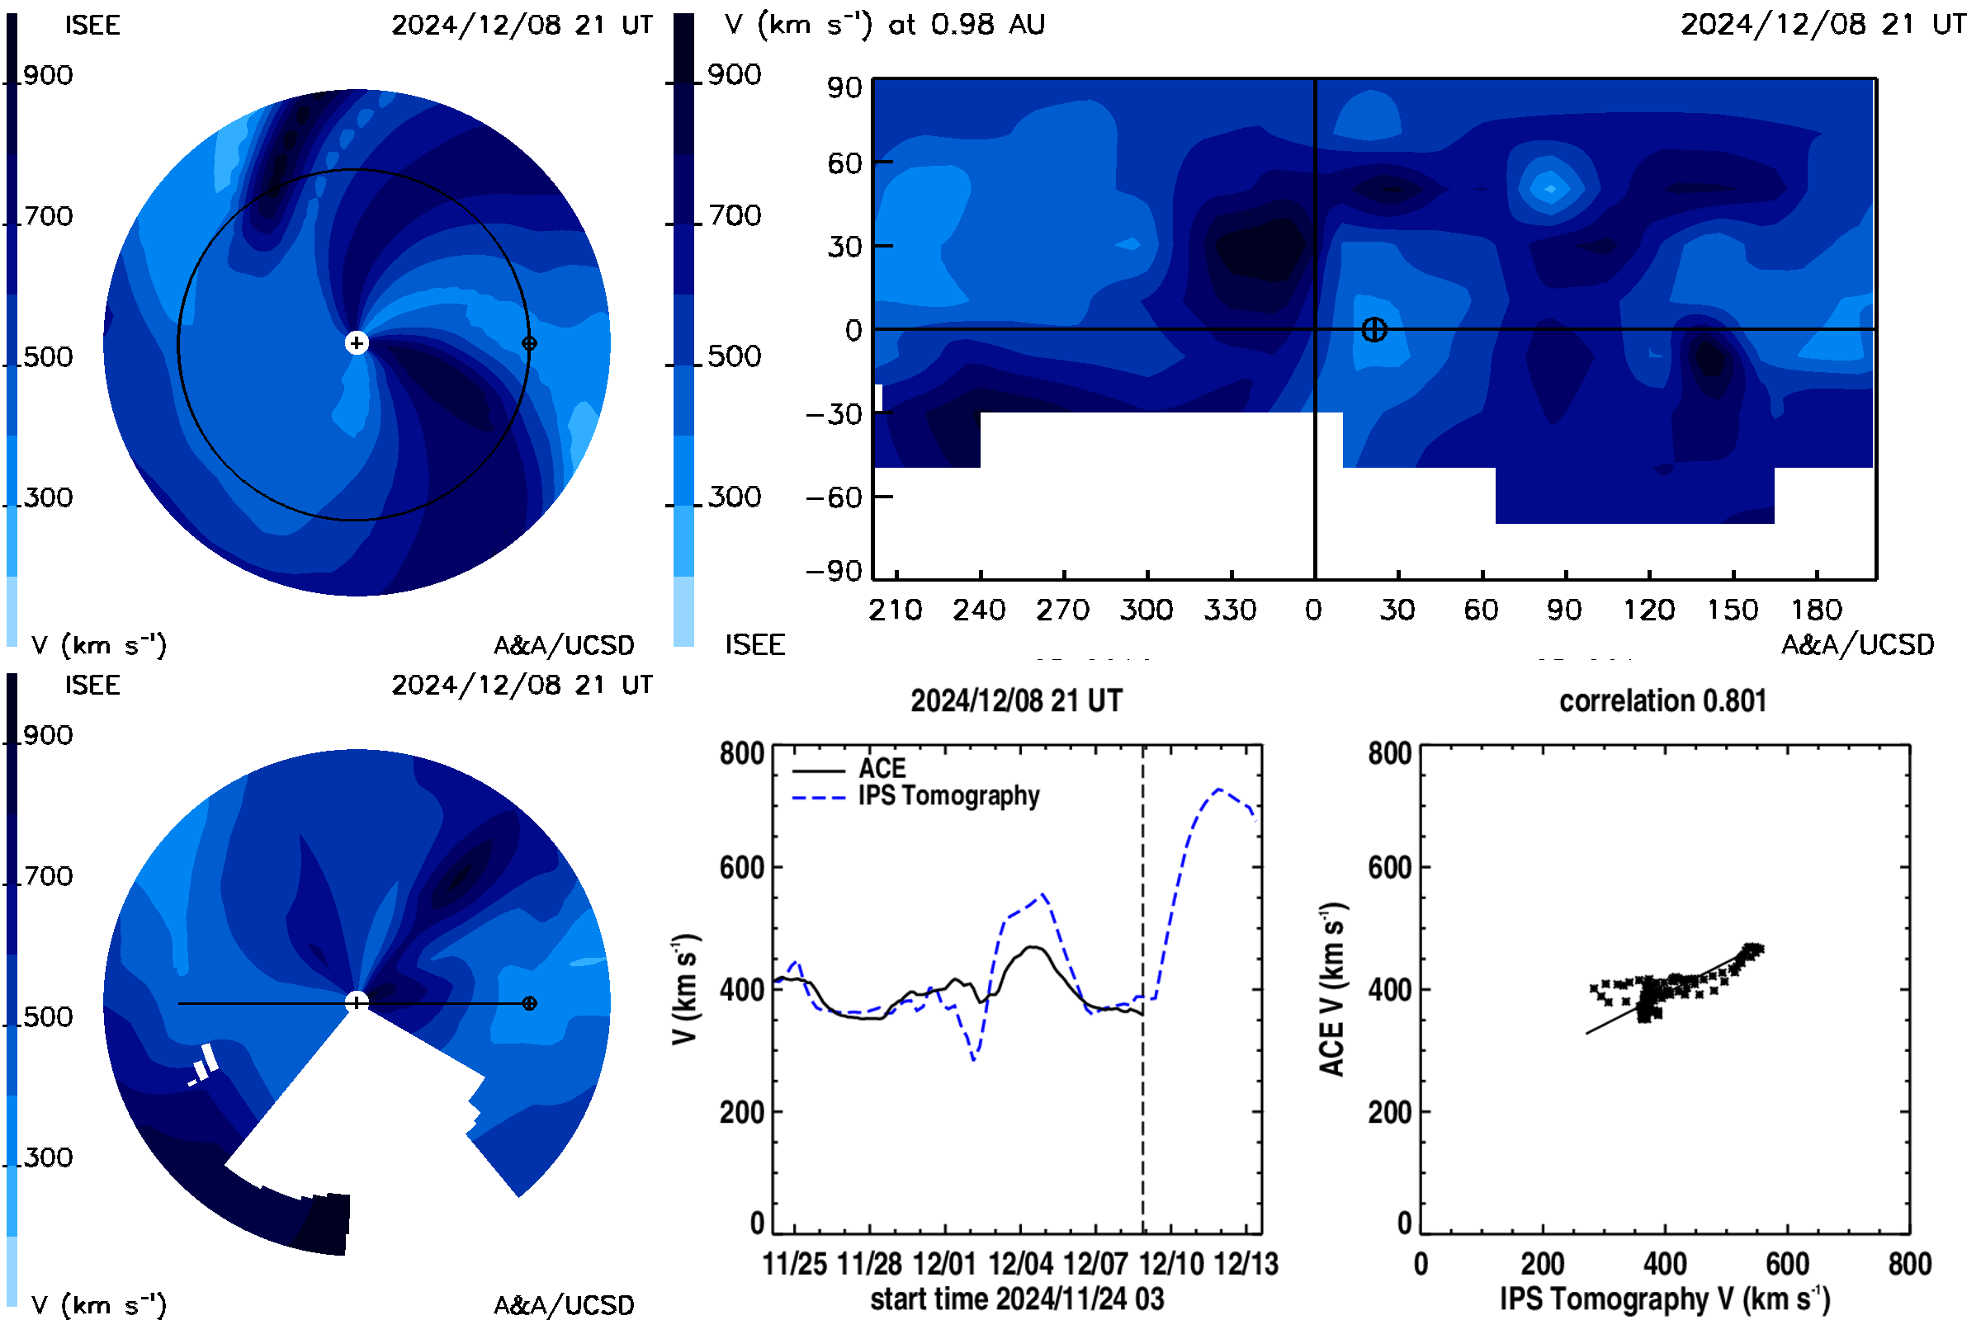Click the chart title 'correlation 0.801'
[x=1662, y=700]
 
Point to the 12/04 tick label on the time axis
[x=1020, y=1264]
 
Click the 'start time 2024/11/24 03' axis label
[x=1017, y=1299]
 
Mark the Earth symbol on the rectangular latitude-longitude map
[x=1373, y=329]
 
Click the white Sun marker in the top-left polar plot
[x=357, y=342]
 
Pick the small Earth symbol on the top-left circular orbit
[x=529, y=343]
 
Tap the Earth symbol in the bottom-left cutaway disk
[x=529, y=1003]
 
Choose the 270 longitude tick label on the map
[x=1063, y=610]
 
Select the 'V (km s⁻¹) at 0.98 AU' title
[x=884, y=25]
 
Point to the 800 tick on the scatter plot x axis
[x=1909, y=1264]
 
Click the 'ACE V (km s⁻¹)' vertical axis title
[x=1333, y=989]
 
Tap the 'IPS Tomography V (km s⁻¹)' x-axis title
[x=1664, y=1299]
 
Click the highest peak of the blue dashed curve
[x=1218, y=789]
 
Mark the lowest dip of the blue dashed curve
[x=974, y=1059]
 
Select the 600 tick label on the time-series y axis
[x=741, y=867]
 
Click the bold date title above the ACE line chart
[x=1017, y=700]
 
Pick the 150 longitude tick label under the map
[x=1733, y=610]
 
